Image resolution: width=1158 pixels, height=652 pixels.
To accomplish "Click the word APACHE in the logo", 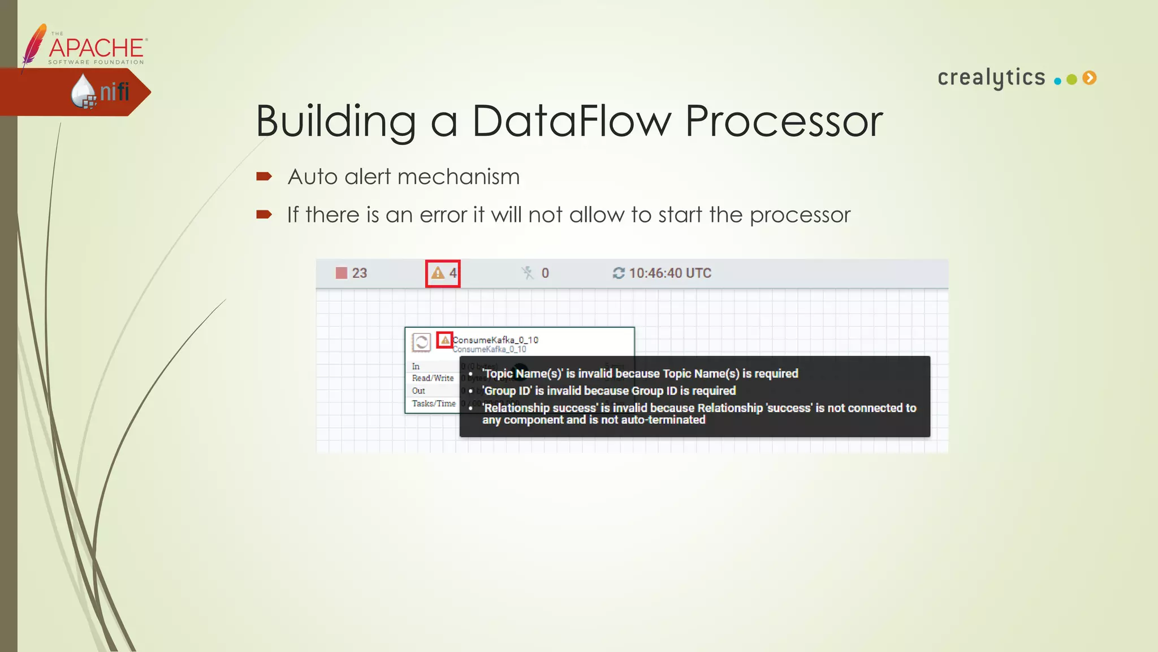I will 97,48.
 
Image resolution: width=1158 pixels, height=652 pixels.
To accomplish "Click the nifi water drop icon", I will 83,91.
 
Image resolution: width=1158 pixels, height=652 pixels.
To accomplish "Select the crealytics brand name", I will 991,78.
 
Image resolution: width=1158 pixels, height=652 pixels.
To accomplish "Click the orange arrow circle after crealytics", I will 1090,78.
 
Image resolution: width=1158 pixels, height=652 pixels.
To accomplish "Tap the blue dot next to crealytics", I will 1057,81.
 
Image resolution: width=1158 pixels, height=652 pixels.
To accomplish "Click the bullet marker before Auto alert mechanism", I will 263,177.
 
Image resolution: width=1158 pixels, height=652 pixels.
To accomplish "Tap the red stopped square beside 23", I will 342,273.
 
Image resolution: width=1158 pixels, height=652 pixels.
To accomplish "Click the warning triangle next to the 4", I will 437,273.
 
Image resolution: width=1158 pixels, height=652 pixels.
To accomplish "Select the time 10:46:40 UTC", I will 669,273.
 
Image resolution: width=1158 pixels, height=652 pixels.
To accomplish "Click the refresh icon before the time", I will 619,273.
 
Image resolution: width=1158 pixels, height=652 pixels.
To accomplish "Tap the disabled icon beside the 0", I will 528,273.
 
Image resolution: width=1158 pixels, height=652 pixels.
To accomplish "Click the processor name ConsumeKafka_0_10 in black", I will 495,340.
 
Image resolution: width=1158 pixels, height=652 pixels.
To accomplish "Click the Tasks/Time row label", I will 434,404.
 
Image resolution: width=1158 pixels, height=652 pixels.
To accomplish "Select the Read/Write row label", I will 433,378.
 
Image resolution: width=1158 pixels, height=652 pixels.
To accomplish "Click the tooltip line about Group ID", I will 608,391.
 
